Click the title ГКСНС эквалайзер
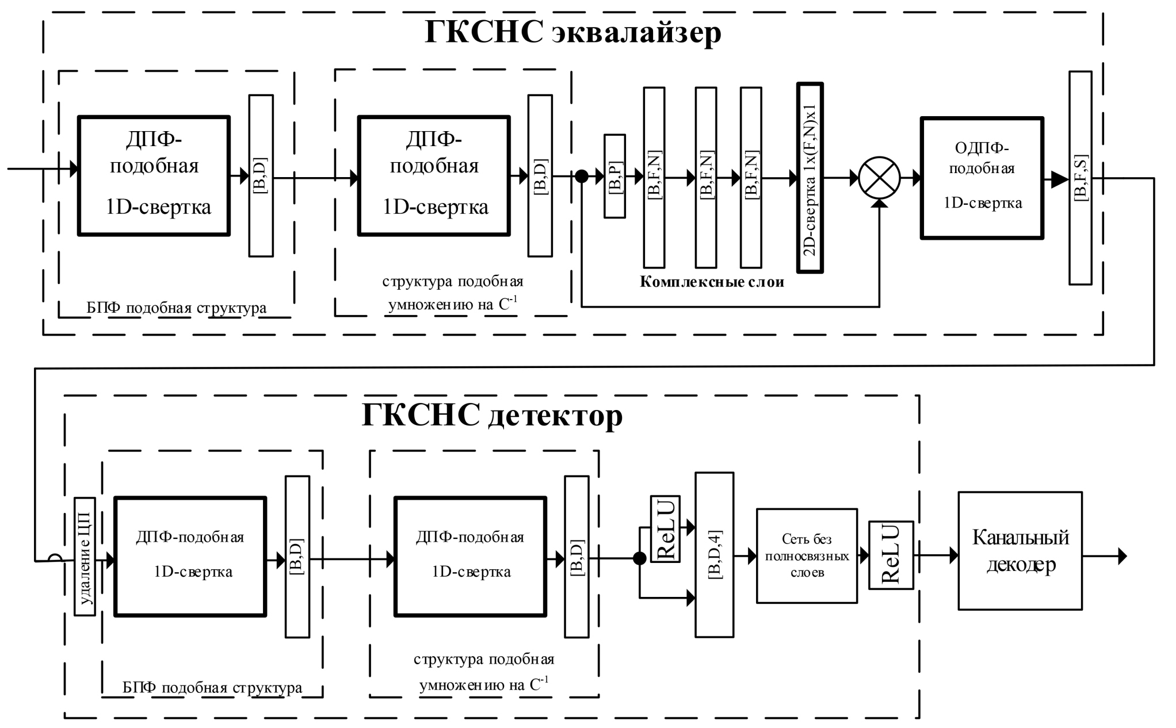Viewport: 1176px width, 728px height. click(572, 32)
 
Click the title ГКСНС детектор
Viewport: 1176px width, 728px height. click(492, 415)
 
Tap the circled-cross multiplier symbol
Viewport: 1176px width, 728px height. click(879, 178)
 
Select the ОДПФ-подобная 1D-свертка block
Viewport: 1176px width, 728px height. click(982, 178)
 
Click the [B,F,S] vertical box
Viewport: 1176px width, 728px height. click(1080, 178)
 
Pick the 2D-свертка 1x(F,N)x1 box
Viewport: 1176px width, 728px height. click(810, 178)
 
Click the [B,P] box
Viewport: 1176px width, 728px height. click(614, 177)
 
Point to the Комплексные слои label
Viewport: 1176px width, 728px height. click(712, 282)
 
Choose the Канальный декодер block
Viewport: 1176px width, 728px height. click(1020, 551)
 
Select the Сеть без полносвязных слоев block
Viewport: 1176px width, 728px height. click(807, 555)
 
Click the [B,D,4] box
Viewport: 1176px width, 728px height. click(715, 555)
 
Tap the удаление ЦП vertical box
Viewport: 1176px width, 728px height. click(85, 556)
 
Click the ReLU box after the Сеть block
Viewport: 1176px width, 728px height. click(891, 555)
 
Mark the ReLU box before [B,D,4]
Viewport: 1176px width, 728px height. click(665, 528)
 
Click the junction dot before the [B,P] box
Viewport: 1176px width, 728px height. click(582, 177)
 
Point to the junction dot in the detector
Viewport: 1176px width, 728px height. click(639, 558)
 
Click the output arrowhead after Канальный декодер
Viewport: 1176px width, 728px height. click(1122, 556)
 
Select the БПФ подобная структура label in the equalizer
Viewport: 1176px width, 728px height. click(177, 308)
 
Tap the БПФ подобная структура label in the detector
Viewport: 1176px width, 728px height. click(212, 688)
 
